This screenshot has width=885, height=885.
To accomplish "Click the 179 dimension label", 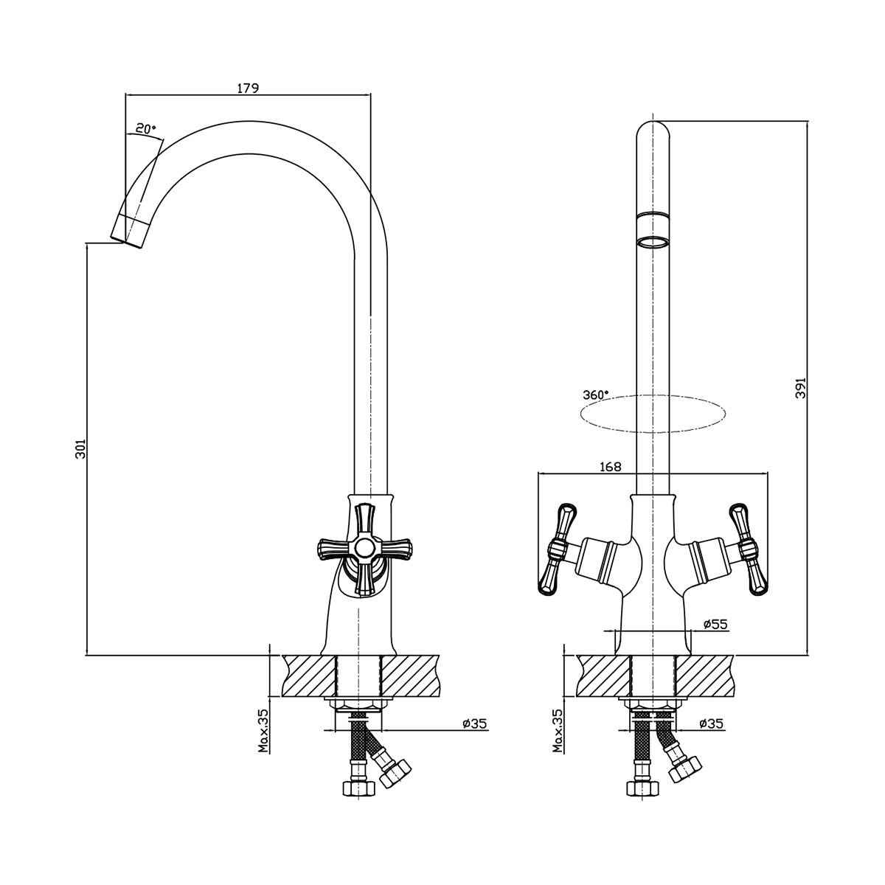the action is [x=248, y=88].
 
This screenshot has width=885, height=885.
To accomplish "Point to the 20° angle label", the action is [x=146, y=129].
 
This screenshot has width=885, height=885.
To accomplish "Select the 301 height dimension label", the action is [x=80, y=448].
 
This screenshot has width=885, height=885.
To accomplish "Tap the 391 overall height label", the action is [x=800, y=388].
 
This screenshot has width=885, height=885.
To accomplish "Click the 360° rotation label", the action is [x=596, y=395].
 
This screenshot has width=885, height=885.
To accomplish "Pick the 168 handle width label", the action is [x=611, y=467].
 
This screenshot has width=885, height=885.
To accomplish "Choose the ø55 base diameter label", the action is [x=715, y=624].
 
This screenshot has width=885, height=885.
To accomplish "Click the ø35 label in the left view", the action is [x=474, y=723].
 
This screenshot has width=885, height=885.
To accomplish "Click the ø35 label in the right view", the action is [x=712, y=723].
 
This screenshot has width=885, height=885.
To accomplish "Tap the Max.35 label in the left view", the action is [x=263, y=730].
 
